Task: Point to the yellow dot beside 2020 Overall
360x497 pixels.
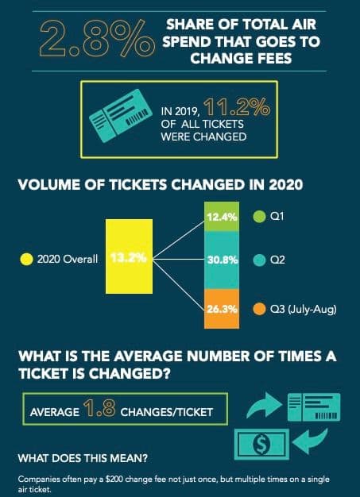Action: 25,258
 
